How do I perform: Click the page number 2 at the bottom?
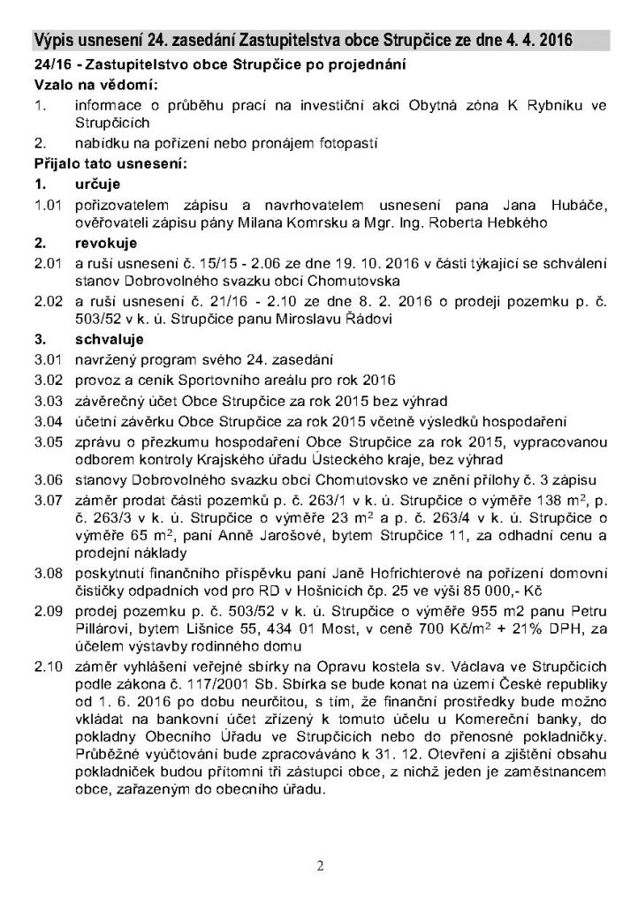320,866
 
